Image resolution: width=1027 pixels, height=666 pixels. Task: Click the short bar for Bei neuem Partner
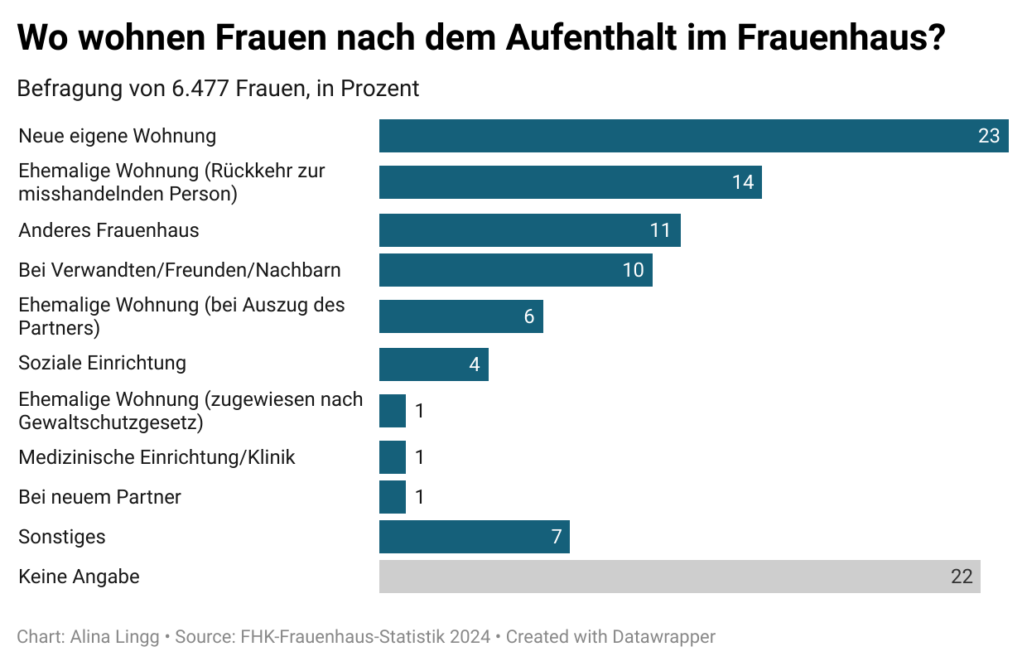click(393, 497)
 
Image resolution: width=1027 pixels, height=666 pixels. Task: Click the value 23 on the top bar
click(989, 136)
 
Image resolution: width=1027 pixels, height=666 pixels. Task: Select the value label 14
click(743, 182)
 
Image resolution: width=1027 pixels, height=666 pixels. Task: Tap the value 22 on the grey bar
click(962, 577)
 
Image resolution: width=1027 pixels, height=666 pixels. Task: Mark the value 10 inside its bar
click(633, 270)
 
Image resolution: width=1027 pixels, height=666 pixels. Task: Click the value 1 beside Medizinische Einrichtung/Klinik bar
click(420, 457)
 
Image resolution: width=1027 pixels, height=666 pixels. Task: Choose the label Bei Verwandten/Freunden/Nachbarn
click(180, 270)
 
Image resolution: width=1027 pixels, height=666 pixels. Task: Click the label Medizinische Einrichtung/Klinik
click(157, 457)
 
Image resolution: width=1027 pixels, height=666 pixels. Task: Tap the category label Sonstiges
click(62, 537)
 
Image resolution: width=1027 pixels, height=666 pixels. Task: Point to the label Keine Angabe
click(79, 577)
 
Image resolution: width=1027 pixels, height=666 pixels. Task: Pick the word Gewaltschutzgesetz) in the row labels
click(111, 422)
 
